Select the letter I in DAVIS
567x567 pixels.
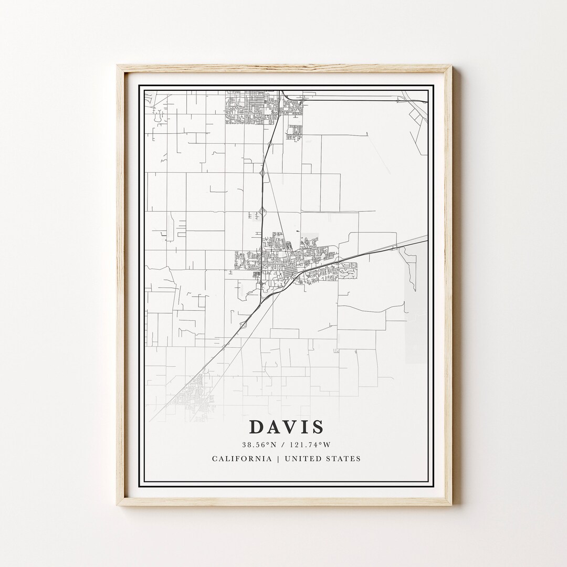pyautogui.click(x=304, y=427)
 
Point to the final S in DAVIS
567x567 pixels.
pyautogui.click(x=317, y=427)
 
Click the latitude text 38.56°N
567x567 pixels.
pyautogui.click(x=258, y=445)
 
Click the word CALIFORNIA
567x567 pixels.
pyautogui.click(x=242, y=458)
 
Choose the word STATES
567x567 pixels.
pyautogui.click(x=345, y=458)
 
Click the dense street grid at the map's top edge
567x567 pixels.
pyautogui.click(x=252, y=107)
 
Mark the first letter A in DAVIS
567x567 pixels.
pyautogui.click(x=273, y=427)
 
